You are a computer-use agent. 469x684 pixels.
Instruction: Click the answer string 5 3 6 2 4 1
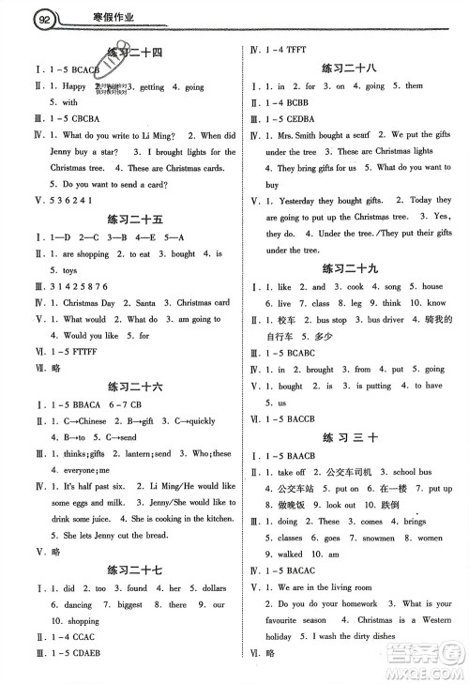click(x=56, y=199)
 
